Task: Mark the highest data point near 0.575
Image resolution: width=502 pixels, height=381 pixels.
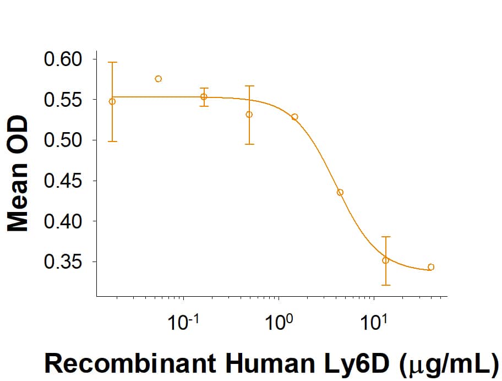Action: point(159,79)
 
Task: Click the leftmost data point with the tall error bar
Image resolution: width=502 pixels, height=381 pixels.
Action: point(112,101)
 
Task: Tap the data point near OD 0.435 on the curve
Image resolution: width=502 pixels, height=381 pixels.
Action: point(340,192)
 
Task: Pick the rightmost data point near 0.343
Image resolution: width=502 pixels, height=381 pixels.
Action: point(431,267)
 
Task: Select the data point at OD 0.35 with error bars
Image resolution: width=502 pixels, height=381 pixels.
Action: point(386,260)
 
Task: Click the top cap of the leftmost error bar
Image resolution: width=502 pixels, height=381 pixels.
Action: point(112,62)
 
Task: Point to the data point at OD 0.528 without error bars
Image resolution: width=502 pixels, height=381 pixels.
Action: point(295,117)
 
